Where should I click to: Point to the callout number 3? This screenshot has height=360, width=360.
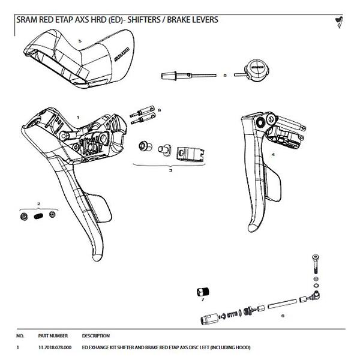[170, 170]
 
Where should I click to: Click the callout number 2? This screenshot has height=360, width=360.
[38, 205]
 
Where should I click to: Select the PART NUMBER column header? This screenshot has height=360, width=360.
[53, 335]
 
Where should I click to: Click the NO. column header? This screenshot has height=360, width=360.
[20, 335]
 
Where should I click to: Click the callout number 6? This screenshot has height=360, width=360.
[282, 315]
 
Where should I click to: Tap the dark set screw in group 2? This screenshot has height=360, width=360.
[38, 215]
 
